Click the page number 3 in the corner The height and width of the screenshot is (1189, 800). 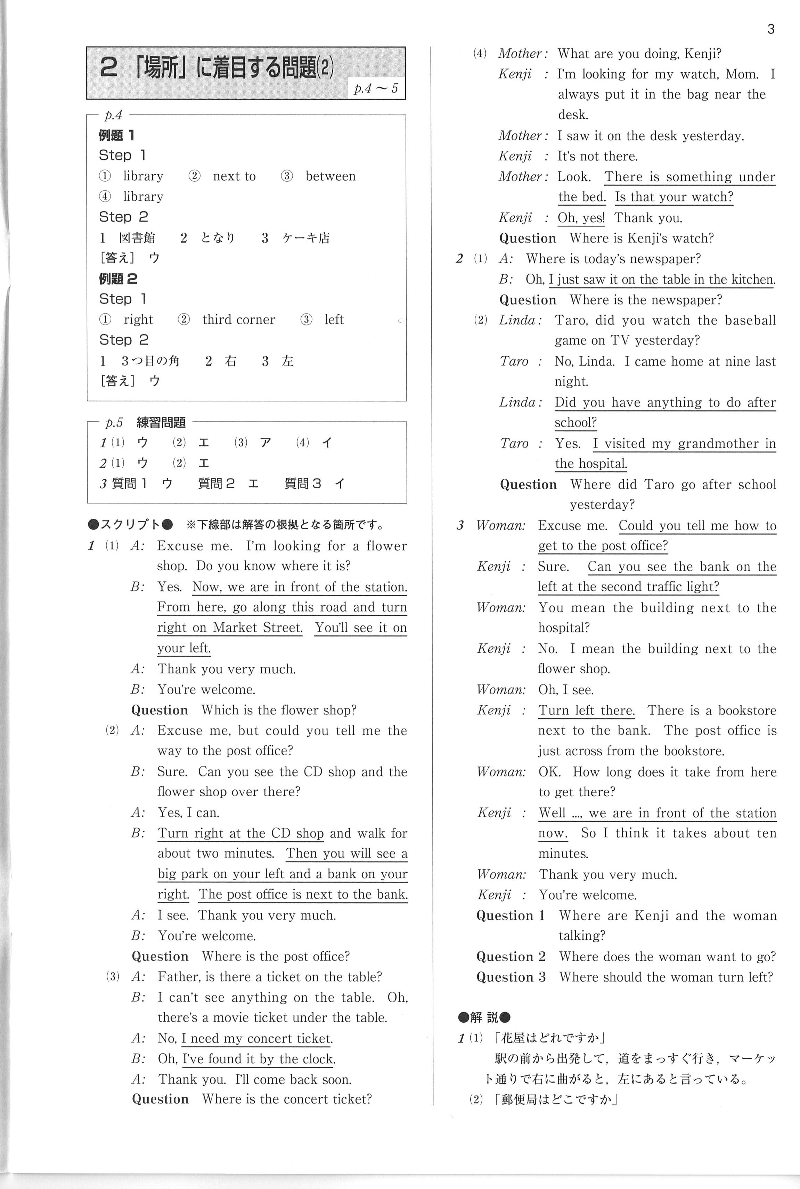pyautogui.click(x=770, y=30)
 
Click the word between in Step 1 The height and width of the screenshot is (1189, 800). pyautogui.click(x=330, y=176)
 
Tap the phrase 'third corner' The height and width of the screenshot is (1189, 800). pyautogui.click(x=238, y=320)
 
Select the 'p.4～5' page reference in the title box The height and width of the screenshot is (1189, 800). pyautogui.click(x=376, y=89)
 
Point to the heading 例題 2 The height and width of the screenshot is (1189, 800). pyautogui.click(x=118, y=279)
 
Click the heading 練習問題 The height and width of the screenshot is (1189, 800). pyautogui.click(x=161, y=422)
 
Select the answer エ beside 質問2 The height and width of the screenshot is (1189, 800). pyautogui.click(x=253, y=483)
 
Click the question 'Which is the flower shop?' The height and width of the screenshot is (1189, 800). pyautogui.click(x=279, y=710)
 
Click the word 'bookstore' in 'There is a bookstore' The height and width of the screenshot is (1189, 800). pyautogui.click(x=747, y=710)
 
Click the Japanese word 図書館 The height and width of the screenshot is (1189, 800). pyautogui.click(x=137, y=238)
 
